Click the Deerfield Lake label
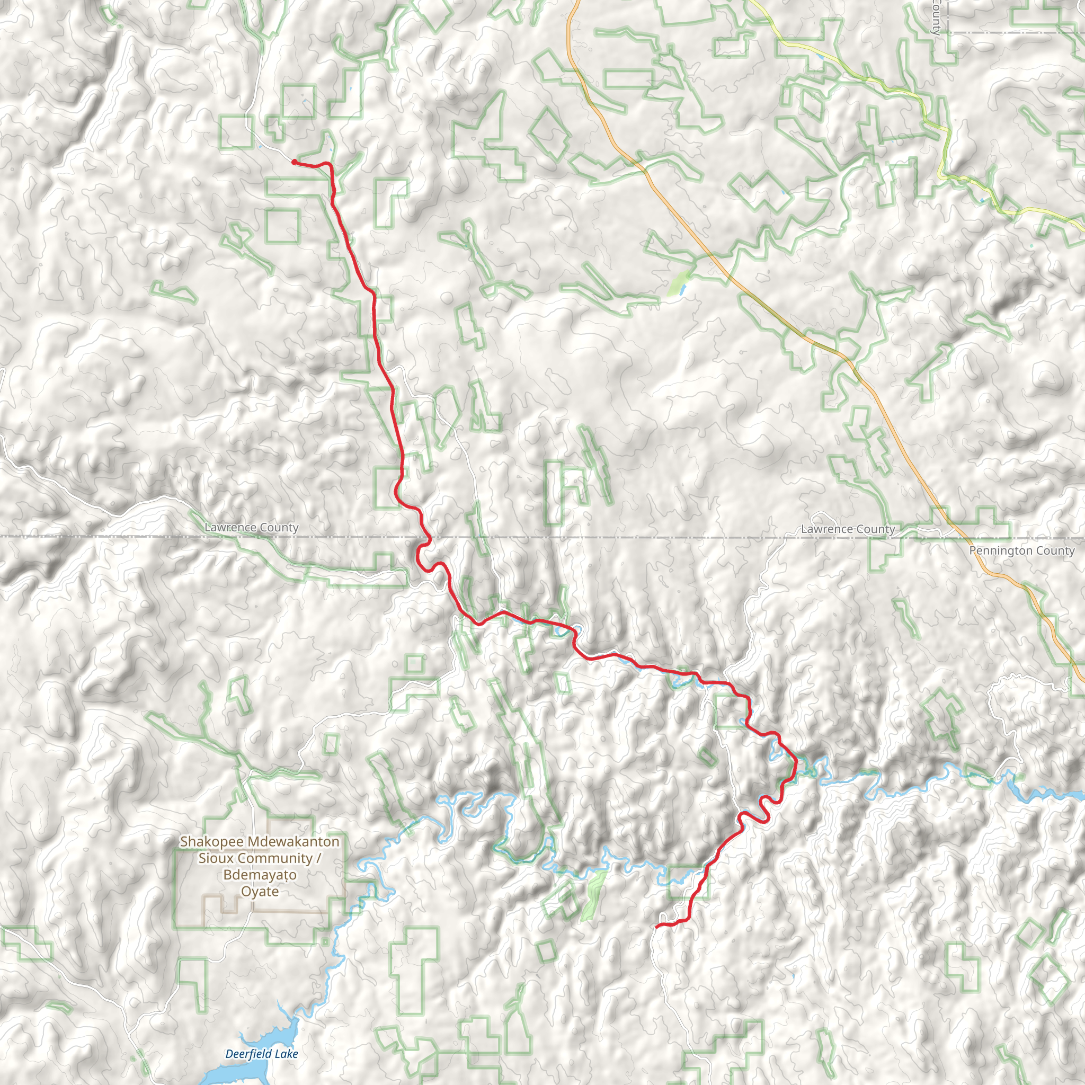point(261,1054)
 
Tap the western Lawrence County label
point(251,527)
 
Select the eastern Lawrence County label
point(848,529)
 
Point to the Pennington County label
point(1021,550)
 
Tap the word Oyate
point(260,891)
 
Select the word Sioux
point(213,858)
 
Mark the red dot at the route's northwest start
point(294,162)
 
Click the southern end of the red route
point(657,926)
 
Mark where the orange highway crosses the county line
point(961,537)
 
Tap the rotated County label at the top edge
point(935,17)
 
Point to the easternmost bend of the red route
point(796,761)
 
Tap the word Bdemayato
point(260,875)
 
